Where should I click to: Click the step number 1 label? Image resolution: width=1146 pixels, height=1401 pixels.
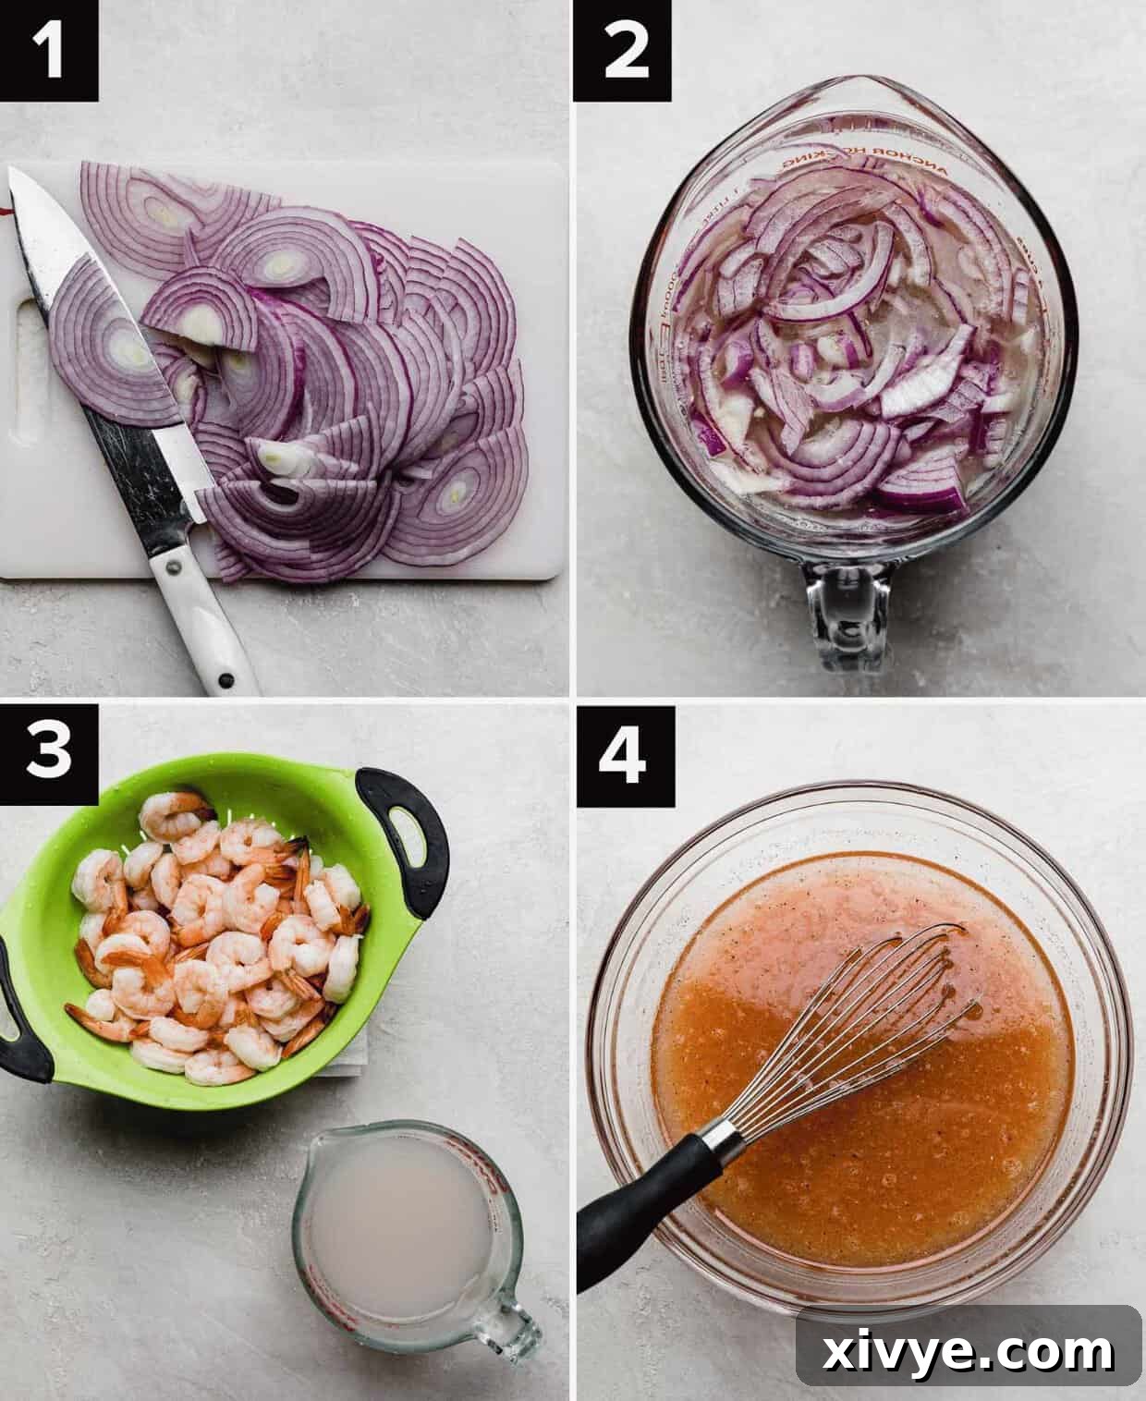click(x=49, y=50)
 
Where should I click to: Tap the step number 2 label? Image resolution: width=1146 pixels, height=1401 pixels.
click(x=622, y=50)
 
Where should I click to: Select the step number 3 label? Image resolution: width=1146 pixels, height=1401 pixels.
click(x=49, y=750)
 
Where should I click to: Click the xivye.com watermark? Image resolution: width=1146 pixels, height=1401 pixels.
click(x=969, y=1351)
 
